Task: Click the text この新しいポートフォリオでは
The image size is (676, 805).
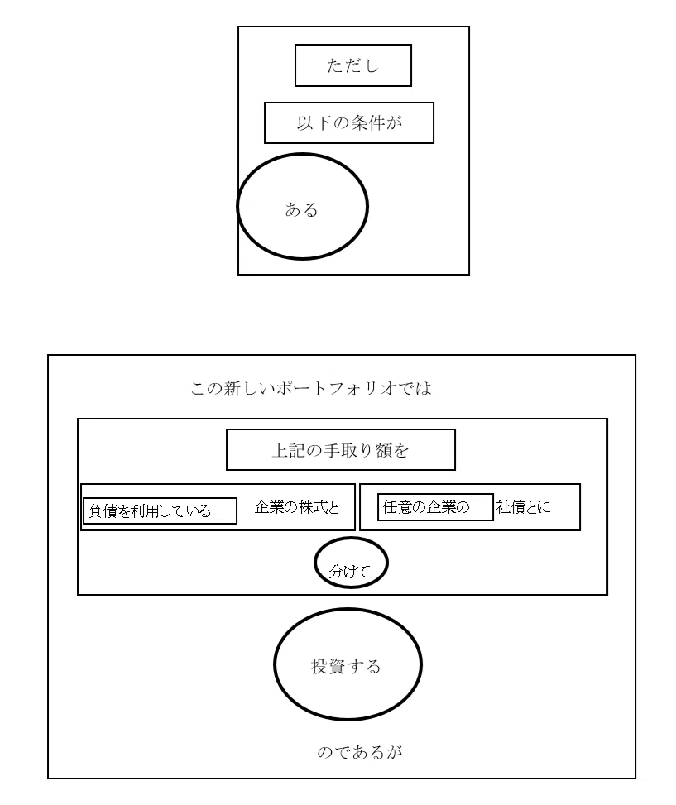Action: [311, 388]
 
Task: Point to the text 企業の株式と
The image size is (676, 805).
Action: [297, 507]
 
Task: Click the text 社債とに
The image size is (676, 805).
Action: [524, 507]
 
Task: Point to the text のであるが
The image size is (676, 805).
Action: [359, 752]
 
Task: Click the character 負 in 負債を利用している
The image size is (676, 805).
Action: [95, 510]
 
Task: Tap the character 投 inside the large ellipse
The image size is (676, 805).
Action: [319, 666]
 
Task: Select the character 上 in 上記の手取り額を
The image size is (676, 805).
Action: [280, 450]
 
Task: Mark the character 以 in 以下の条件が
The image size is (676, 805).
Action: [304, 122]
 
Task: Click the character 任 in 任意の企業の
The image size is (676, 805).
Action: [390, 507]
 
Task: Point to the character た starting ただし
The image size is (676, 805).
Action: [335, 65]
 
